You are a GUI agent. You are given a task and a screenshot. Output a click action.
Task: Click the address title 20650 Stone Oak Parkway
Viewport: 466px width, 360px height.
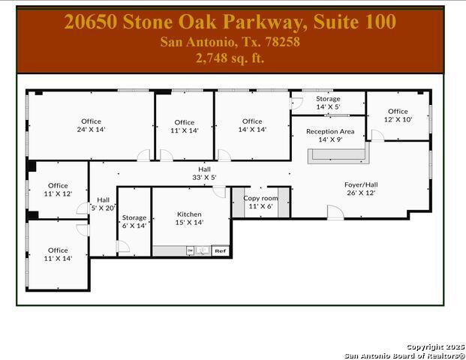pos(230,22)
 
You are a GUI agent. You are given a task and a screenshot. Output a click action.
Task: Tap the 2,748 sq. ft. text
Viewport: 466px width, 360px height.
pos(230,57)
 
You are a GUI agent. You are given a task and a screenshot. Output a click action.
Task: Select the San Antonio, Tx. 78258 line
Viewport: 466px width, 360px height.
pos(230,41)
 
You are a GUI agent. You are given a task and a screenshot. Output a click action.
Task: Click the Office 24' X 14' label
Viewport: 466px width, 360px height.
pos(91,125)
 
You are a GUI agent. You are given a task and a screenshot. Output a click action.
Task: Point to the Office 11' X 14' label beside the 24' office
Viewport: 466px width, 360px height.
pos(185,126)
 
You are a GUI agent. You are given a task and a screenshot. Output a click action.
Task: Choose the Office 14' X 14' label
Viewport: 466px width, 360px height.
pos(252,125)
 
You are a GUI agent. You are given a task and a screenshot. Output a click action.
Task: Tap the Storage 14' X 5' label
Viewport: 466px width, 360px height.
pos(328,103)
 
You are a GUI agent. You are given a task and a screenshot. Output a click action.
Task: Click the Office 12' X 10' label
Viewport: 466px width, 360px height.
pos(398,115)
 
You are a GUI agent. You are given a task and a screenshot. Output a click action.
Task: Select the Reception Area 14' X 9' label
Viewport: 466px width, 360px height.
pos(330,135)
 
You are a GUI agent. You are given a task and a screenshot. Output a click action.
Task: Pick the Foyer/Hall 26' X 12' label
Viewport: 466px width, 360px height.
pos(360,188)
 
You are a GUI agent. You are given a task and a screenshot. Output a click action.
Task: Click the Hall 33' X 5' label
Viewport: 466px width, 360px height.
pos(204,173)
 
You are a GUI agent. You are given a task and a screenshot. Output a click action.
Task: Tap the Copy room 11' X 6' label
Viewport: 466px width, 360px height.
pos(260,202)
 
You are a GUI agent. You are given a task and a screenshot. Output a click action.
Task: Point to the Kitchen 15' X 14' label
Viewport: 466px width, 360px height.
pos(189,217)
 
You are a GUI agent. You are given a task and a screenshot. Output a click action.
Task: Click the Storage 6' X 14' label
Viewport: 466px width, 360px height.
pos(134,221)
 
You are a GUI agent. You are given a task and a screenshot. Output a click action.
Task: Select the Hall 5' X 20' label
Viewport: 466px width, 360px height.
pos(103,204)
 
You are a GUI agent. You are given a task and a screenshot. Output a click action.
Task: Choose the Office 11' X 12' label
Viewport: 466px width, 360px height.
pos(58,189)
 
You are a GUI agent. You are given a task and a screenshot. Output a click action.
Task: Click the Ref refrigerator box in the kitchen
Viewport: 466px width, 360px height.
pos(220,250)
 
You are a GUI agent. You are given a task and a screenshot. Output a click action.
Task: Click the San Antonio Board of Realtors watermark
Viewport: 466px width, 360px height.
pos(404,355)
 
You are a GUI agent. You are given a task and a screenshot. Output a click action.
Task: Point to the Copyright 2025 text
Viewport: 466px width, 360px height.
pos(435,347)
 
